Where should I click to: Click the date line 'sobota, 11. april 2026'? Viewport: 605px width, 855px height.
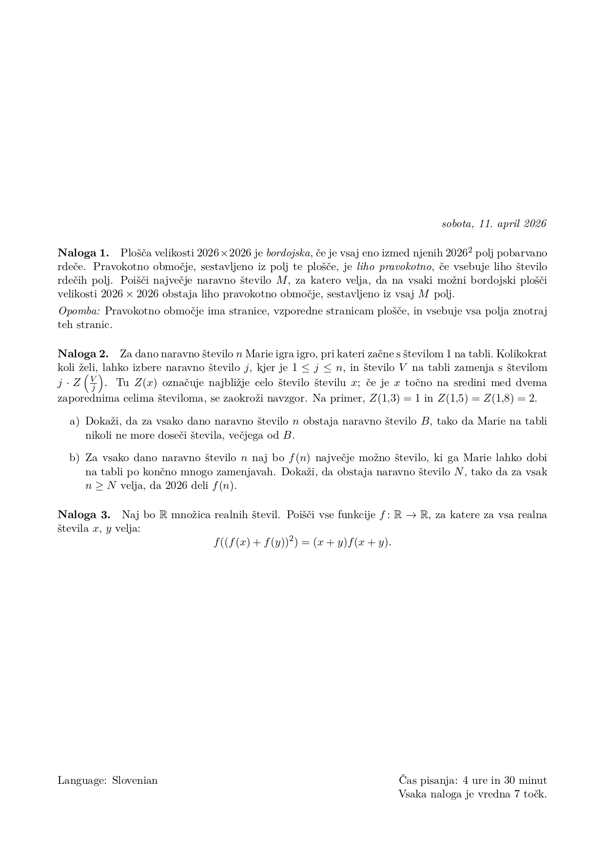(493, 224)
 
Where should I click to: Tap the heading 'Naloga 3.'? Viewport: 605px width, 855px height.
(84, 515)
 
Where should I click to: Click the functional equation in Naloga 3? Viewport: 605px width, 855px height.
(302, 542)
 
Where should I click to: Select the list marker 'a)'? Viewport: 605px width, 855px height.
(74, 421)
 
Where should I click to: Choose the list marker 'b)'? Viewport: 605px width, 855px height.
(74, 458)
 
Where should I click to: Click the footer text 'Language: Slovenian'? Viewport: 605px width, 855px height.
(107, 780)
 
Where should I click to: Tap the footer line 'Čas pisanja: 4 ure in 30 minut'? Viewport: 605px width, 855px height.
(472, 780)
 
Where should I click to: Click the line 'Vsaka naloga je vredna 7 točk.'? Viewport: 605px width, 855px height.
(472, 794)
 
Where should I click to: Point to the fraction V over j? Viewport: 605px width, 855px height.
(94, 383)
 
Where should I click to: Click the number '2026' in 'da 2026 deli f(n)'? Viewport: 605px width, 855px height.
(176, 486)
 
